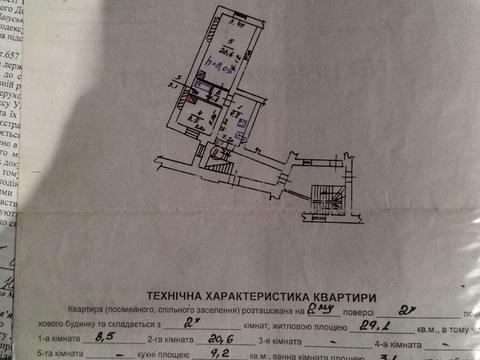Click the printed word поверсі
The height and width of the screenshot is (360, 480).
[349, 311]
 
